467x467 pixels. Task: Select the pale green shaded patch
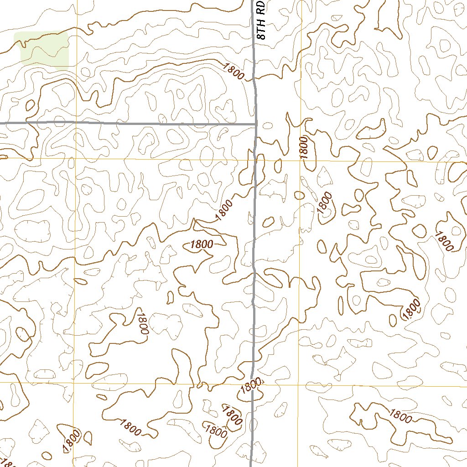[x=44, y=50]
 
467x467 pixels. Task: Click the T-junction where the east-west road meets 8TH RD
[x=255, y=123]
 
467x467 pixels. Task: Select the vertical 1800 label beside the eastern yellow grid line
[x=305, y=147]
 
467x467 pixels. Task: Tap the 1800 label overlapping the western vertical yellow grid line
[x=72, y=441]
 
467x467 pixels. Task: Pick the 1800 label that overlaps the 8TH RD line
[x=251, y=386]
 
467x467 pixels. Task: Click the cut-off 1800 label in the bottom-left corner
[x=10, y=462]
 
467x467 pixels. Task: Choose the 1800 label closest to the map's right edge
[x=444, y=241]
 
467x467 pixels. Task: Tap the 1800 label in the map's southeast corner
[x=400, y=415]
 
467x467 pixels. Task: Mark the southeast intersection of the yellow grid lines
[x=299, y=384]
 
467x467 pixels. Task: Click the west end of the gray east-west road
[x=1, y=123]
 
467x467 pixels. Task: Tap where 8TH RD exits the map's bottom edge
[x=251, y=465]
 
